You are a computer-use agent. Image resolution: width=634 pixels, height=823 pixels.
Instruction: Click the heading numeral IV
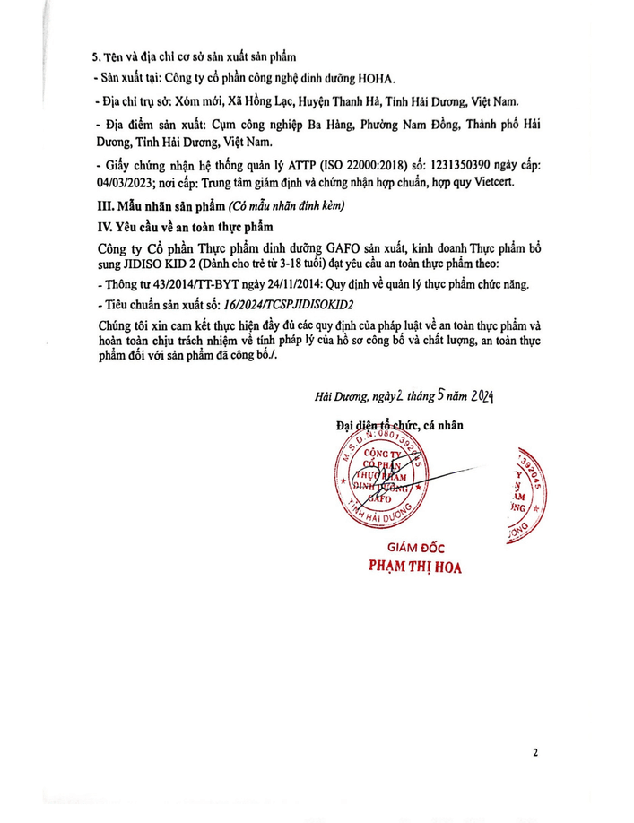pyautogui.click(x=106, y=225)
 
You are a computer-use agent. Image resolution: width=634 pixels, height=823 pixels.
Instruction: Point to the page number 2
pyautogui.click(x=534, y=752)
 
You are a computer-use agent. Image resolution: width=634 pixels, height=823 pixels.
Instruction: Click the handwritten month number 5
pyautogui.click(x=417, y=395)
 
